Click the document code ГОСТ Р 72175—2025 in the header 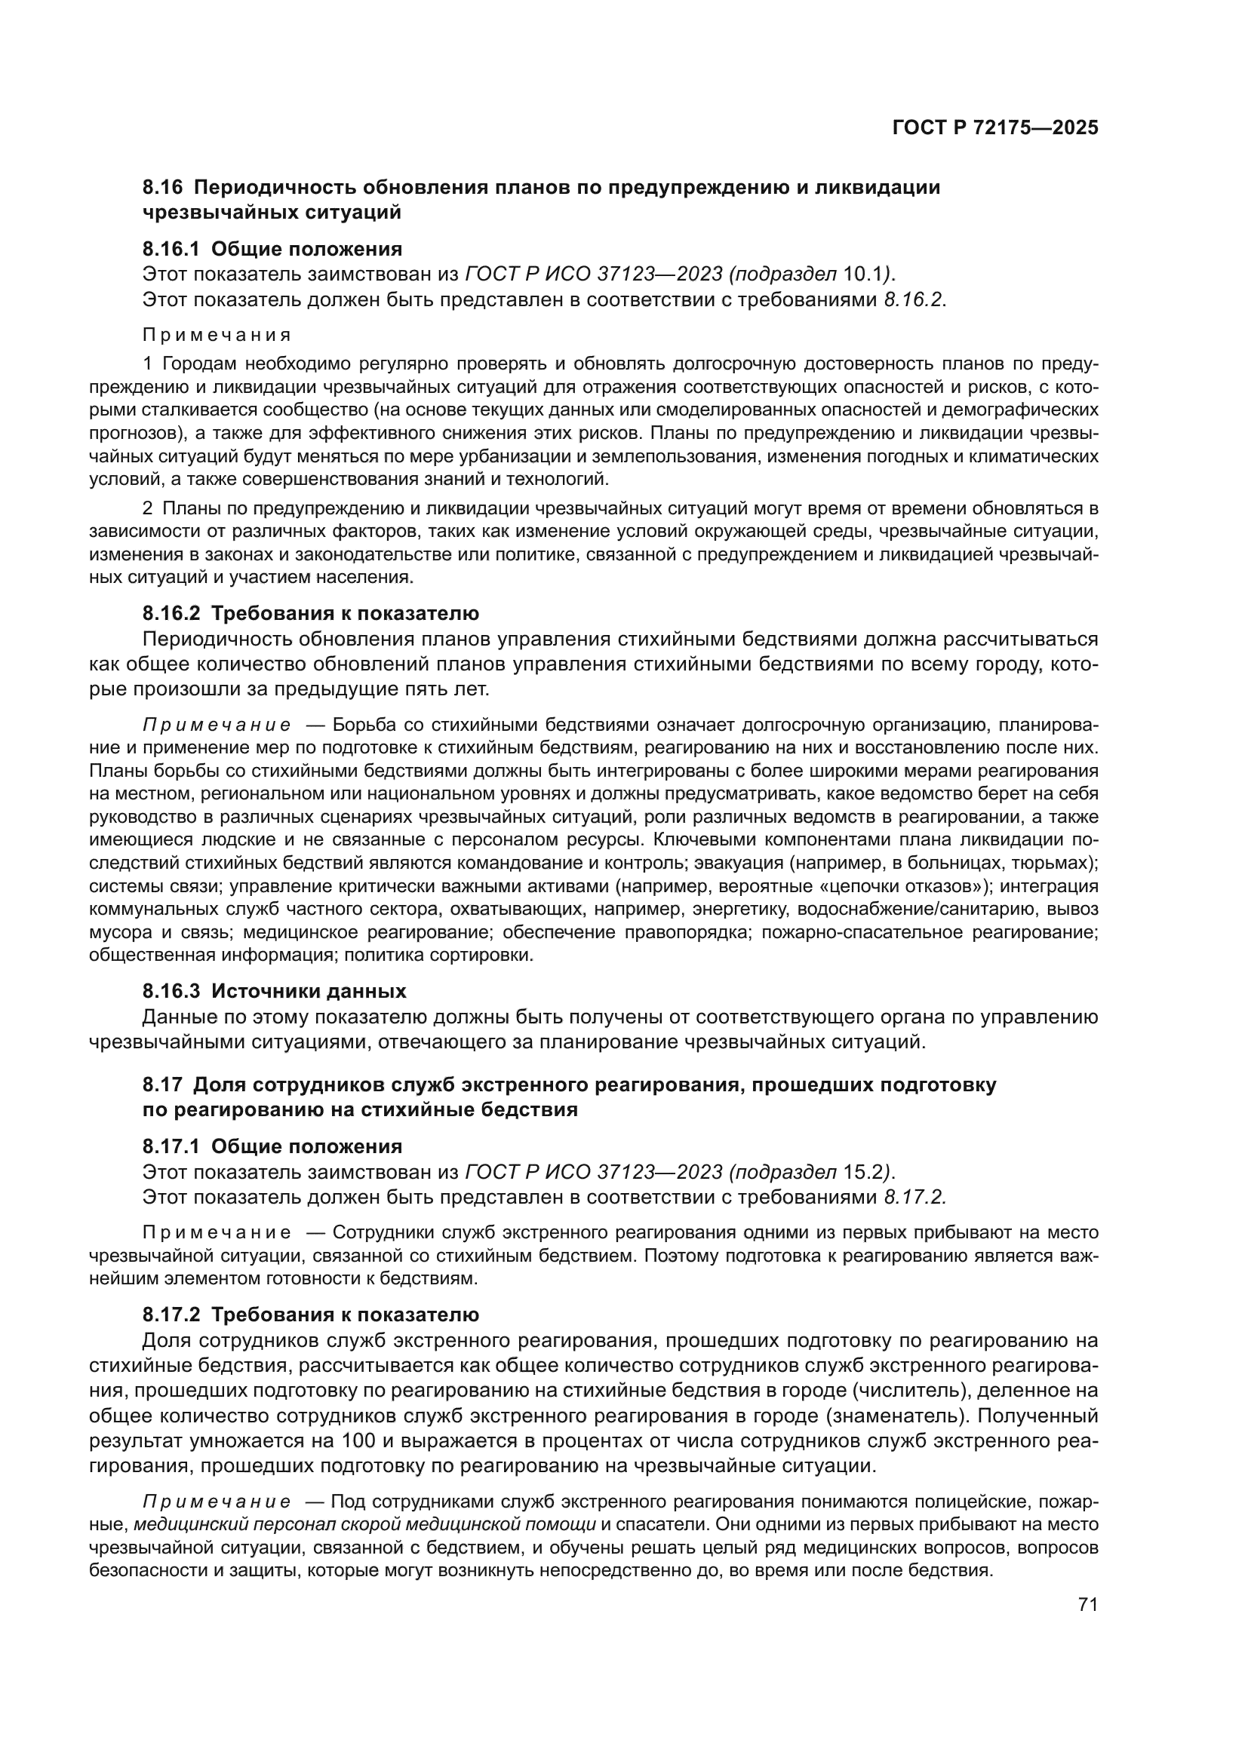995,128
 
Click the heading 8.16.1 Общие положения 272,248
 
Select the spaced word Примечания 217,335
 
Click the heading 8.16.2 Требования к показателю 310,613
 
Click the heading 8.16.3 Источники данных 274,991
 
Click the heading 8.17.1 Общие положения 272,1146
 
